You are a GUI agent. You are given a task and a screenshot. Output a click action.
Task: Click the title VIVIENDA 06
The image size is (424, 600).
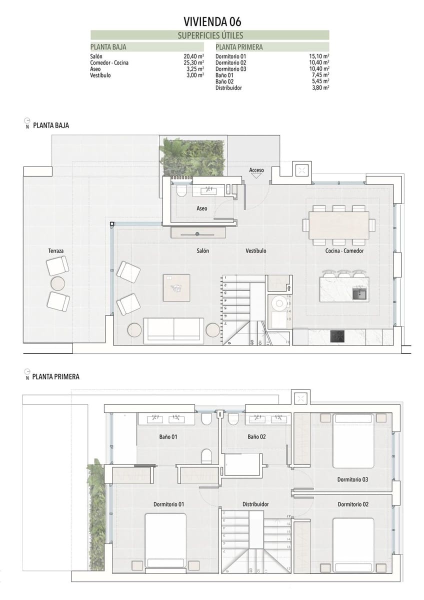click(212, 21)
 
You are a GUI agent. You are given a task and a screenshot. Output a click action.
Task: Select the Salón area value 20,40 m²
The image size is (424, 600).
click(194, 56)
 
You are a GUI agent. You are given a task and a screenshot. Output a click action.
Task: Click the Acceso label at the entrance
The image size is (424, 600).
click(256, 170)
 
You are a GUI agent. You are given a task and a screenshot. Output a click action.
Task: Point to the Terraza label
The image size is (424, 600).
click(56, 250)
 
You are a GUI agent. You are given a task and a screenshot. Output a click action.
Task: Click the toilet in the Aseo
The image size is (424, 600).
click(181, 190)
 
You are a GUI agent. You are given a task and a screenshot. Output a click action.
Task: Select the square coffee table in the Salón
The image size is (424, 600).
click(176, 287)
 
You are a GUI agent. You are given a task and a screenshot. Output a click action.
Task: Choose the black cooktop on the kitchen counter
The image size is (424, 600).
click(337, 336)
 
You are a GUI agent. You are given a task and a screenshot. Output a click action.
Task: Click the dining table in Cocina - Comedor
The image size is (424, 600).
click(339, 225)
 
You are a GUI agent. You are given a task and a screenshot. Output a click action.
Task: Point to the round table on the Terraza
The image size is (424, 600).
click(58, 283)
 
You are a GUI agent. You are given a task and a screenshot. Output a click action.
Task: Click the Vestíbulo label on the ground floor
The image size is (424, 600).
click(256, 250)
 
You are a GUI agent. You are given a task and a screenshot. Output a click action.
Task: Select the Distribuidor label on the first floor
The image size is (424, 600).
click(255, 504)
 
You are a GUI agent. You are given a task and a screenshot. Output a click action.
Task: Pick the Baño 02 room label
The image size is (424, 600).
click(256, 436)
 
